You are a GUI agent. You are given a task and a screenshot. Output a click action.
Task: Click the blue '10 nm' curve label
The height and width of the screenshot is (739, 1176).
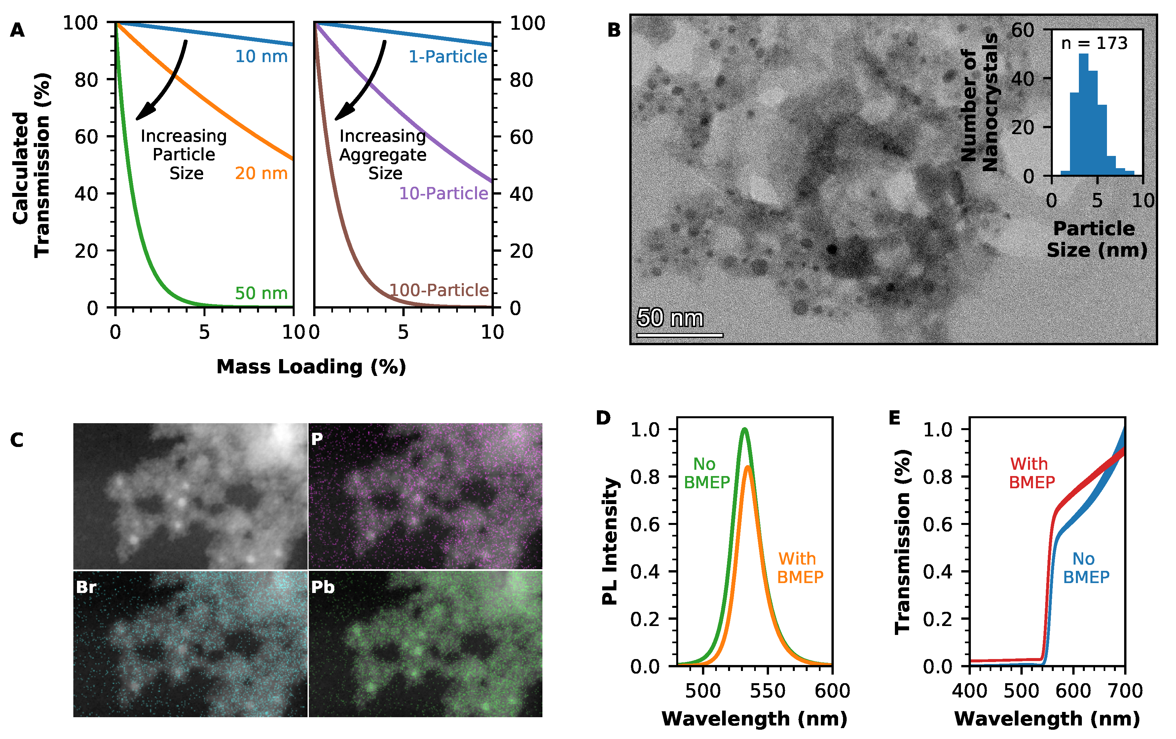click(261, 57)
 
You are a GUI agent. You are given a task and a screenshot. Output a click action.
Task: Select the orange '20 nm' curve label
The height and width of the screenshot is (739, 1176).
click(261, 173)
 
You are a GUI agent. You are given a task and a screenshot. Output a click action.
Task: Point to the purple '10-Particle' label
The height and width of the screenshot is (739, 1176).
click(443, 193)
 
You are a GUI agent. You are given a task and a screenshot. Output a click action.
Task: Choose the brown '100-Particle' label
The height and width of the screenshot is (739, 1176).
click(439, 290)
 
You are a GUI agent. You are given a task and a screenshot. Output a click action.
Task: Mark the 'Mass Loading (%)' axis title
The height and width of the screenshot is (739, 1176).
click(311, 367)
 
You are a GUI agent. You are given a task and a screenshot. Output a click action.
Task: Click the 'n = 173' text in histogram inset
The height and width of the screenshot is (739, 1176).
click(1094, 44)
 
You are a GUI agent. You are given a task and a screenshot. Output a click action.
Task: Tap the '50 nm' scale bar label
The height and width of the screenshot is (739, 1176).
click(670, 318)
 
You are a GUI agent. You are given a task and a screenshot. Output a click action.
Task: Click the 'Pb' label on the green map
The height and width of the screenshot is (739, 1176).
click(323, 587)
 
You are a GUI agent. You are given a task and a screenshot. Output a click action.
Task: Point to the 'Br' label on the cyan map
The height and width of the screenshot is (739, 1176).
click(86, 587)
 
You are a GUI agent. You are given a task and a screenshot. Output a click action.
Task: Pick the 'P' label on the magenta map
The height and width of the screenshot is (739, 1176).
click(317, 439)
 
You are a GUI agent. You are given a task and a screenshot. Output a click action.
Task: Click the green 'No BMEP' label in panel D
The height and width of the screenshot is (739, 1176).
click(706, 473)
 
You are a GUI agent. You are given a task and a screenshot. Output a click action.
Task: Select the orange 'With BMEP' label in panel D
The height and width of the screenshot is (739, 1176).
click(800, 568)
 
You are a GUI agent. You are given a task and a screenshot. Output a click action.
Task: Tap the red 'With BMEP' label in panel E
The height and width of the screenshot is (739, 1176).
click(1031, 473)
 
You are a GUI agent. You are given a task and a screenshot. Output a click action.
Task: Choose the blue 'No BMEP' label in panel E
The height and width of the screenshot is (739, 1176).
click(1085, 568)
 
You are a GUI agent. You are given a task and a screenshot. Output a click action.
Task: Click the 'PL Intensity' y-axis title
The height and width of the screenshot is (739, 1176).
click(610, 541)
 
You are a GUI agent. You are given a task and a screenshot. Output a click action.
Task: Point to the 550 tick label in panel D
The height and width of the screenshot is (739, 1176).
click(767, 691)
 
